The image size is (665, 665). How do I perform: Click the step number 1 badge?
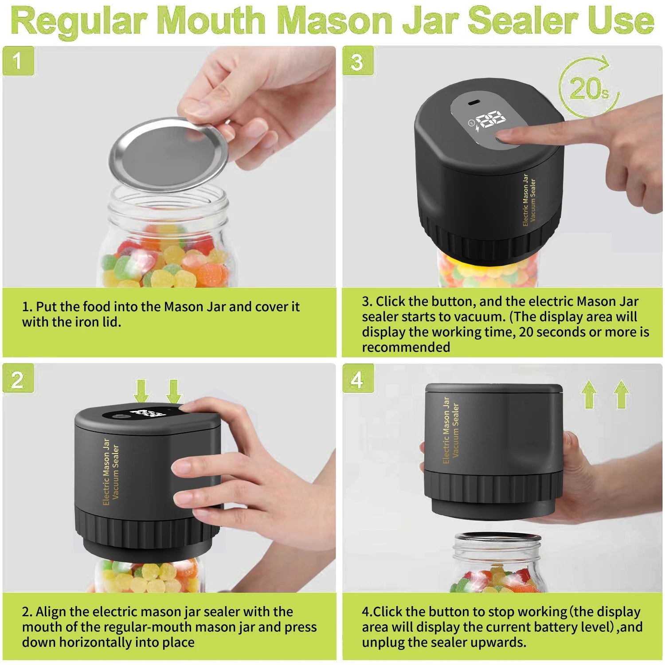tap(18, 61)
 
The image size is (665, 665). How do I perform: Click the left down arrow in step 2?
tap(141, 391)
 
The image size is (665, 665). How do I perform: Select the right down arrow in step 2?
tap(173, 391)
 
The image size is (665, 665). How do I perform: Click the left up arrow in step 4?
tap(589, 395)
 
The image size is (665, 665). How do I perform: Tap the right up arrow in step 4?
tap(622, 395)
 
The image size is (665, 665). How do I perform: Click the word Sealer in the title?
tap(524, 21)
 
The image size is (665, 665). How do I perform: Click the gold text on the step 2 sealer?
tap(111, 472)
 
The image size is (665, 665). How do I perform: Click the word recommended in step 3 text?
tap(406, 347)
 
